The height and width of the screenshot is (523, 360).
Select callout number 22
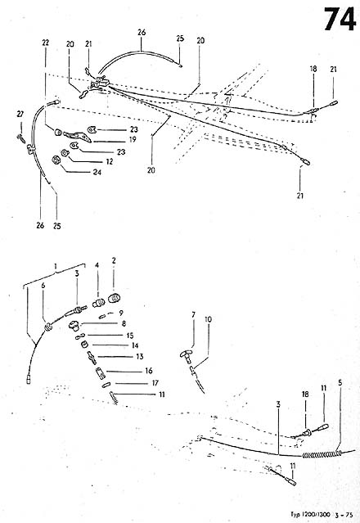pyautogui.click(x=46, y=43)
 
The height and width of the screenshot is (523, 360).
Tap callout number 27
pyautogui.click(x=21, y=113)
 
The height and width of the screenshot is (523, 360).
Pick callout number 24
pyautogui.click(x=97, y=173)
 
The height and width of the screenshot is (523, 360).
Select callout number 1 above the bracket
pyautogui.click(x=55, y=266)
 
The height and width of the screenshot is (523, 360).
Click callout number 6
pyautogui.click(x=43, y=286)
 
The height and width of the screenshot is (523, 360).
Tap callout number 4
pyautogui.click(x=96, y=265)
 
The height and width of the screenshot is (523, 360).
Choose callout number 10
pyautogui.click(x=208, y=318)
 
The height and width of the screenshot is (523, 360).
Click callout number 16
pyautogui.click(x=149, y=371)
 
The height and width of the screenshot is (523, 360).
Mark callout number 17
pyautogui.click(x=154, y=383)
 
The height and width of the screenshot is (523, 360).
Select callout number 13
pyautogui.click(x=138, y=357)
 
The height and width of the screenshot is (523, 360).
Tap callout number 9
pyautogui.click(x=121, y=312)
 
